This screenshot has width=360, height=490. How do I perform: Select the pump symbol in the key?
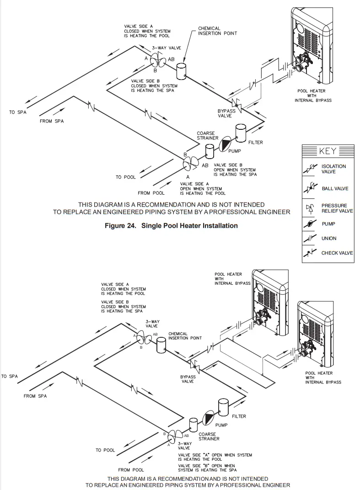click(310, 224)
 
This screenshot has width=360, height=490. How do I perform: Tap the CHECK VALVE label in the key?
click(337, 253)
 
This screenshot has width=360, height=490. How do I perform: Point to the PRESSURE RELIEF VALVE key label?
click(337, 208)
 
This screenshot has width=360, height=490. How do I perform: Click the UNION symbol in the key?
click(310, 238)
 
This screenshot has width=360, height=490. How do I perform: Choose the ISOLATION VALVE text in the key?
click(334, 169)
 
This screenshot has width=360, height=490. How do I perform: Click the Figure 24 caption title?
click(171, 225)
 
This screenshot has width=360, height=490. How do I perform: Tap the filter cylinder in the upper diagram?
click(241, 133)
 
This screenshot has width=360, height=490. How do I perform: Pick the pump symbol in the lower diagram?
click(208, 417)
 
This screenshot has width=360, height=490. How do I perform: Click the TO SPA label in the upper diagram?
click(18, 112)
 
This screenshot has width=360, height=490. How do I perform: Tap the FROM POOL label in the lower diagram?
click(131, 470)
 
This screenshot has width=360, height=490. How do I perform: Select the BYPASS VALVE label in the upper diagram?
click(226, 113)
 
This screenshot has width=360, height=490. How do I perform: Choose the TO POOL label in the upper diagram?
click(125, 177)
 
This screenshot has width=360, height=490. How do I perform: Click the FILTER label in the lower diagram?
click(239, 416)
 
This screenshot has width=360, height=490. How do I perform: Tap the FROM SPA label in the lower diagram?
click(35, 396)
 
